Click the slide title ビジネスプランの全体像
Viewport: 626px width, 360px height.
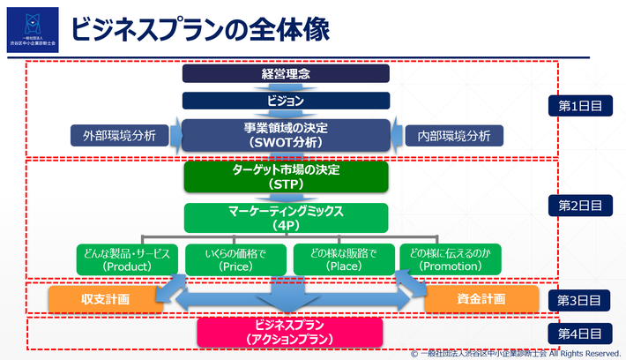[199, 28]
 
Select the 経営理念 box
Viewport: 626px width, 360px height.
[286, 73]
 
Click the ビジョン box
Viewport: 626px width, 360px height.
[286, 101]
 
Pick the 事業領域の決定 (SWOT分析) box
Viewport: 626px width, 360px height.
[286, 135]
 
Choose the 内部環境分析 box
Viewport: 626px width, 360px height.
[453, 135]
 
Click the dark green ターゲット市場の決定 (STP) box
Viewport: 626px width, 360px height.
[286, 176]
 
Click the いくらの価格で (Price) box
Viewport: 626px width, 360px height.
[233, 259]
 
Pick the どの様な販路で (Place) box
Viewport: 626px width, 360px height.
[339, 259]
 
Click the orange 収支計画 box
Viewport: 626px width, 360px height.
[101, 299]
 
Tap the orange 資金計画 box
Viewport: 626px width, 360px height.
[481, 299]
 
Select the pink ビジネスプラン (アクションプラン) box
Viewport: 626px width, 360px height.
[290, 332]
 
